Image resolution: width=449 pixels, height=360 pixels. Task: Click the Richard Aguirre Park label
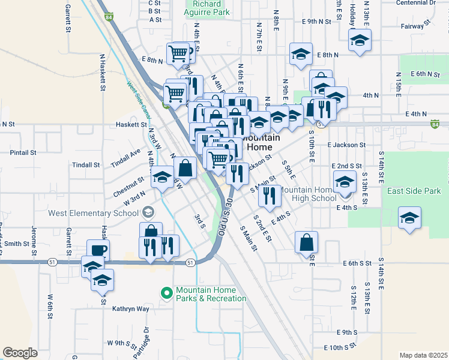click(207, 7)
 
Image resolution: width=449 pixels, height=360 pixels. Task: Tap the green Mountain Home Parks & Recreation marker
click(166, 293)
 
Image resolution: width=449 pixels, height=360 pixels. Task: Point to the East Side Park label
click(414, 191)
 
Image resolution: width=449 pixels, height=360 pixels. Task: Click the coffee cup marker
click(98, 250)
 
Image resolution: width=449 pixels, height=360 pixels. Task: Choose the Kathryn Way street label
click(130, 309)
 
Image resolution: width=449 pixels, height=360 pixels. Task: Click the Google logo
click(20, 353)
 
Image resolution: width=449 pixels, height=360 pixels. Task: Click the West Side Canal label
click(137, 99)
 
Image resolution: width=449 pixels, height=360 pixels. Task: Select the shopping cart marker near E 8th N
click(179, 53)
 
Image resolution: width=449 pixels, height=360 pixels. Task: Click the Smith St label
click(17, 244)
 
